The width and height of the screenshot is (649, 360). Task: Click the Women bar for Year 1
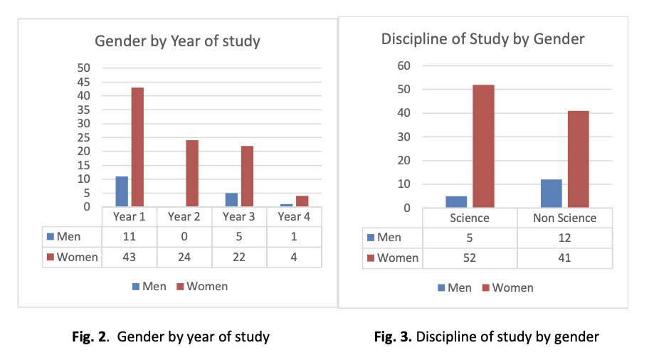(137, 147)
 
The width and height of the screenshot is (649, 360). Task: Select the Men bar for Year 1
(122, 191)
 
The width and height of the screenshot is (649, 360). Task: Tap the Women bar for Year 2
(192, 173)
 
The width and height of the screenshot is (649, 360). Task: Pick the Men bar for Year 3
(231, 200)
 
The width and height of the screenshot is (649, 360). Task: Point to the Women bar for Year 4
(302, 201)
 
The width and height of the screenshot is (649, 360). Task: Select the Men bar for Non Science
(551, 194)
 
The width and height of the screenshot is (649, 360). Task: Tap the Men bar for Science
(457, 202)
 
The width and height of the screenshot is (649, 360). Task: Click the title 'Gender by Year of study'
(178, 41)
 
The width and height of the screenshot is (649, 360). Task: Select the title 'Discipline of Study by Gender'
(483, 38)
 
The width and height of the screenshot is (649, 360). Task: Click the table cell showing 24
(184, 256)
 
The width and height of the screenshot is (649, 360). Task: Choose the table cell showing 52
(469, 257)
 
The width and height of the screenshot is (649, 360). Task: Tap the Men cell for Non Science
(565, 237)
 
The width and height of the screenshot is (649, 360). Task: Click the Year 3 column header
(239, 216)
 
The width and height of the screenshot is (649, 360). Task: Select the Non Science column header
(565, 218)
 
